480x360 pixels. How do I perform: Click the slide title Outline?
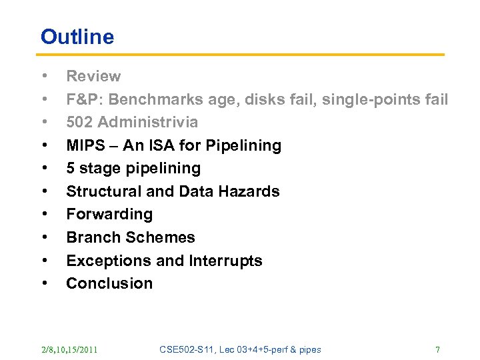77,37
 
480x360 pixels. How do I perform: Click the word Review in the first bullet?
93,77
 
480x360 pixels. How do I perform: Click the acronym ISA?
159,145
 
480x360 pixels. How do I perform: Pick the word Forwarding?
109,214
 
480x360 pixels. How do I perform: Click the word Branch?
91,237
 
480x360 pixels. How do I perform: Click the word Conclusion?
109,283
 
